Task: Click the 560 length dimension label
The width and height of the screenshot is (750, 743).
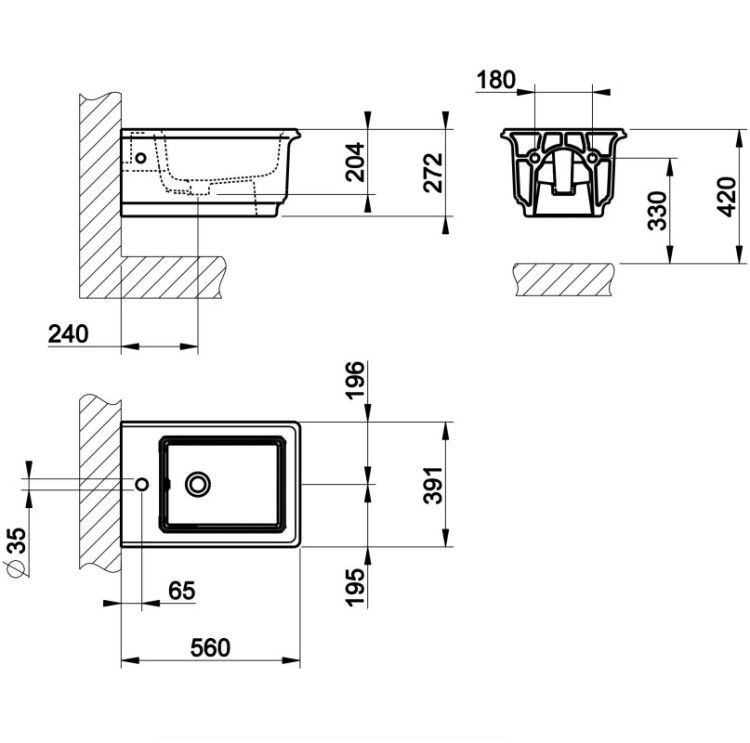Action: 210,648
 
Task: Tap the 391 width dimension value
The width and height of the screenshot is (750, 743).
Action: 434,485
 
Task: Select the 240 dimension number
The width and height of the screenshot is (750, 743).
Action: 68,334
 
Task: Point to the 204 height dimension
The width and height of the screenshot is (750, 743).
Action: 355,162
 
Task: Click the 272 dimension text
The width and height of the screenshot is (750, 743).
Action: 434,173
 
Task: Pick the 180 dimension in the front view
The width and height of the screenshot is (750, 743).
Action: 496,80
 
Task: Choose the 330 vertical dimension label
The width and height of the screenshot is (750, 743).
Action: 657,211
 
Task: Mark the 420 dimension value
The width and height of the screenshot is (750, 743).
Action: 727,197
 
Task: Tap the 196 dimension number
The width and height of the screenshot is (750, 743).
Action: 355,380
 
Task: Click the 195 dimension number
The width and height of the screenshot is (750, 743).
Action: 355,588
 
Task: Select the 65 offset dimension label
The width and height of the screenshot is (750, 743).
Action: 182,591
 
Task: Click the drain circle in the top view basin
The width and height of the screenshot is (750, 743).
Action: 198,484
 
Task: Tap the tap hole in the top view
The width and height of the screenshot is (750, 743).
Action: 142,484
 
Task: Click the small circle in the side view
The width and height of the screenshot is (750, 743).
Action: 141,157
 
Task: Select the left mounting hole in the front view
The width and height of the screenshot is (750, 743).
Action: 535,157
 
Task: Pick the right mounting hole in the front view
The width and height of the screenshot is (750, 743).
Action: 592,157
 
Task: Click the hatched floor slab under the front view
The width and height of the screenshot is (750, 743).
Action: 564,279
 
